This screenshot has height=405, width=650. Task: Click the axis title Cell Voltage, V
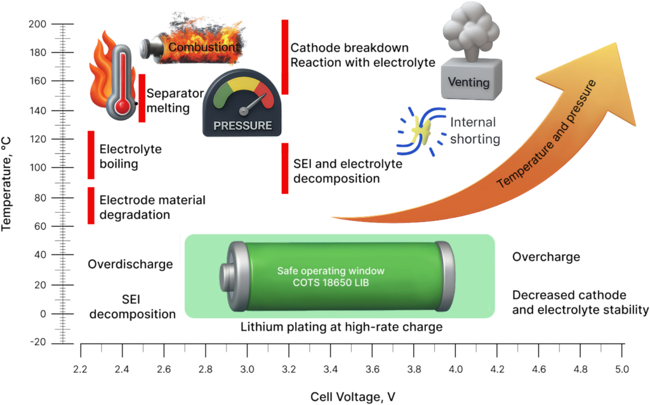[353, 397]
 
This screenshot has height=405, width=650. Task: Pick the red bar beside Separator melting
[142, 98]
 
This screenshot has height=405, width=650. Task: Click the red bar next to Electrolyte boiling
[91, 155]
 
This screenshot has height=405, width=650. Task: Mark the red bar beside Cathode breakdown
[285, 57]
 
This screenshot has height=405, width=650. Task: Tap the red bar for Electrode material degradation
[91, 206]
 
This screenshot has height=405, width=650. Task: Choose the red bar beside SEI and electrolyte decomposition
[285, 168]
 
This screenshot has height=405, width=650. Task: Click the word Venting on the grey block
[468, 82]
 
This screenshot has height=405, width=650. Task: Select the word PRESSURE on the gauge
[242, 126]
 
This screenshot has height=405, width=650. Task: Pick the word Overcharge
[546, 257]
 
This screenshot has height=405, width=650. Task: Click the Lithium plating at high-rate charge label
[341, 328]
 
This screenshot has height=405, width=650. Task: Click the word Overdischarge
[131, 264]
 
